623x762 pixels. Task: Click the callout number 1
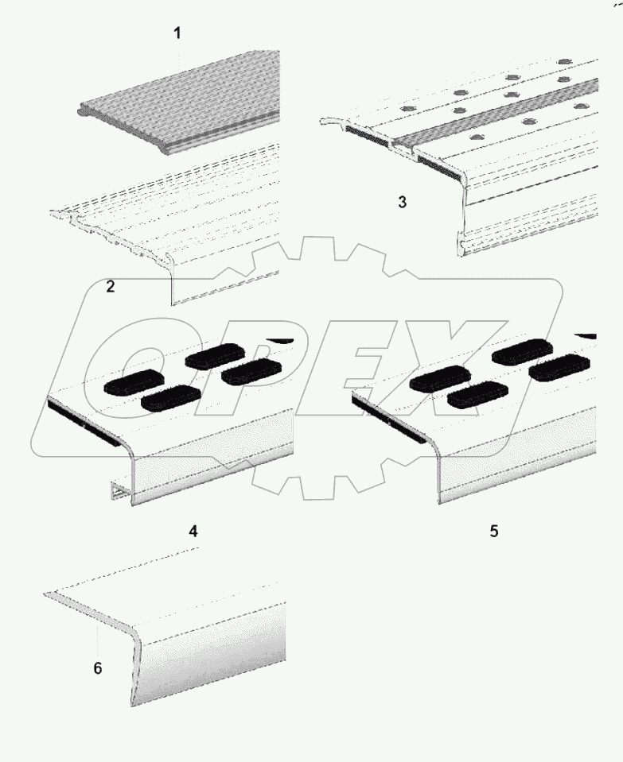coord(177,33)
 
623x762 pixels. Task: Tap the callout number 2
coord(111,287)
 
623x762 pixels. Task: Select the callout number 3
coord(402,202)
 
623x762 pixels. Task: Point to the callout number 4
coord(193,532)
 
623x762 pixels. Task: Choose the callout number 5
coord(494,531)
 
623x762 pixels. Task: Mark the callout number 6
coord(98,669)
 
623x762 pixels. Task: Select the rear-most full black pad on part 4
coord(217,355)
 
